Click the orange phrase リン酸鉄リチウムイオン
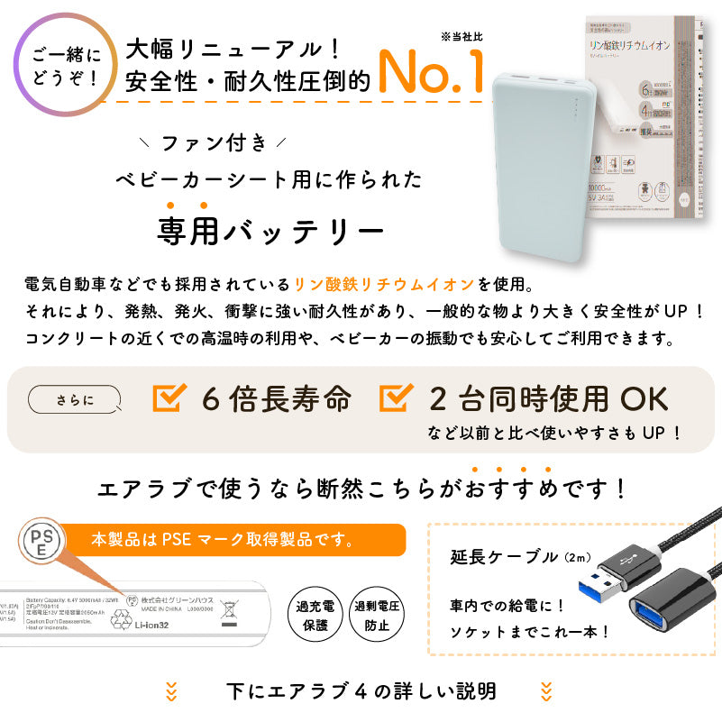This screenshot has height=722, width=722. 383,285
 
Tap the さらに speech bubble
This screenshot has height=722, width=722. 74,397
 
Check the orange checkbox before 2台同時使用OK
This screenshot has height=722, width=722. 397,397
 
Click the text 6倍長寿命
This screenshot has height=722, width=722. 275,398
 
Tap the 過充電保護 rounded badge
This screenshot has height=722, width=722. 313,616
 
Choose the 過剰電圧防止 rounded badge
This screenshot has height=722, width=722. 375,616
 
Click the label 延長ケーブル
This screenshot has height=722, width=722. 505,556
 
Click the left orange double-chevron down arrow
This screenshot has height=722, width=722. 171,691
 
